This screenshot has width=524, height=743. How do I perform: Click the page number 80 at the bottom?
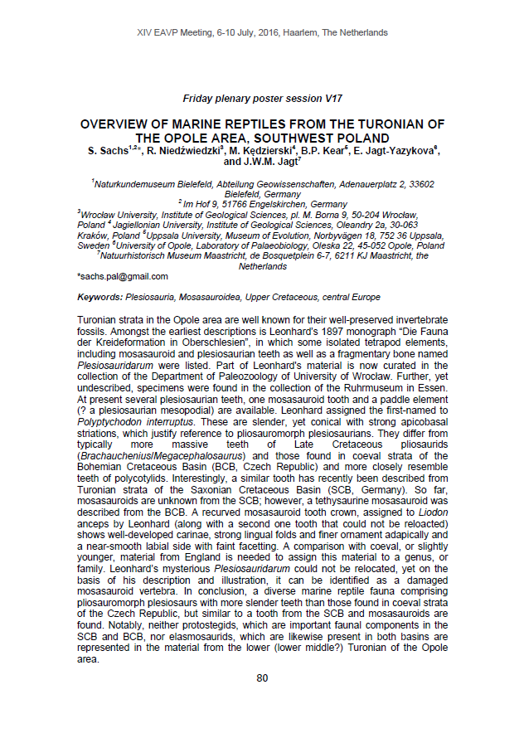click(x=262, y=678)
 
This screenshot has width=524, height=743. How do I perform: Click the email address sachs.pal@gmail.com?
click(x=122, y=276)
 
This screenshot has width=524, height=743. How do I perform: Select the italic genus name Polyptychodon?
click(x=113, y=421)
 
